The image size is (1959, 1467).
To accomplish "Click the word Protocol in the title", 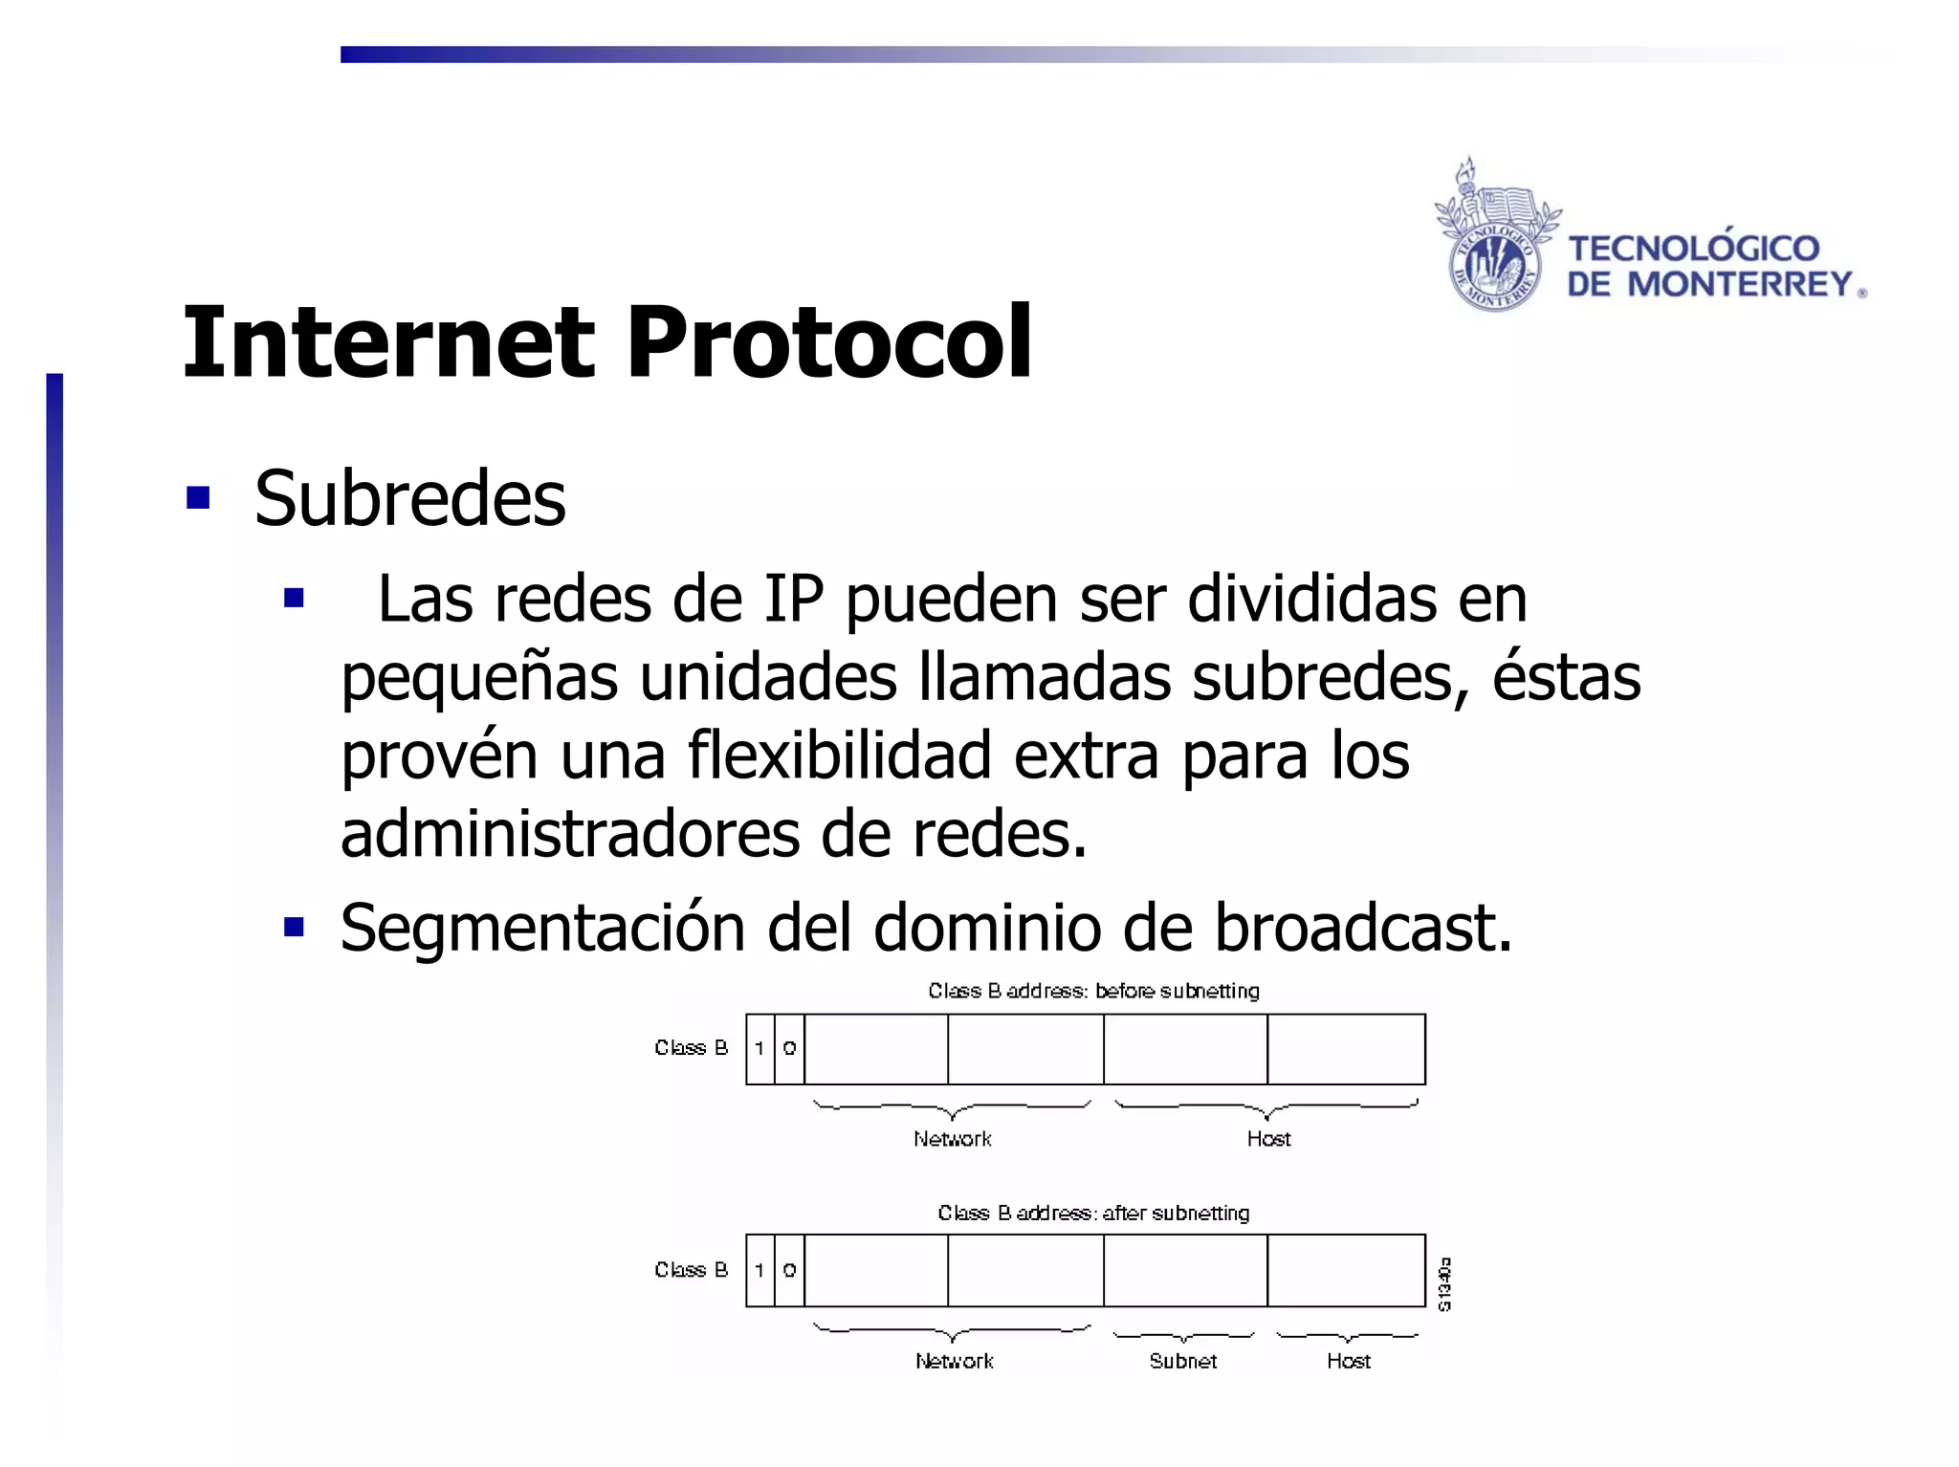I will coord(828,342).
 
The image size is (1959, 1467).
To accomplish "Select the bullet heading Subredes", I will coord(409,498).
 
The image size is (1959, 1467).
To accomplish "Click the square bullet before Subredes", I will coord(198,498).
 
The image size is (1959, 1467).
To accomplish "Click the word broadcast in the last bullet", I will coord(1362,928).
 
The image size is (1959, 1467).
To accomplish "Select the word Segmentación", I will coord(542,928).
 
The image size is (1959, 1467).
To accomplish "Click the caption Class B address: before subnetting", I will coord(1093,991).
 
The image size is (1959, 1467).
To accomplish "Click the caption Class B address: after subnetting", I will coord(1093,1213).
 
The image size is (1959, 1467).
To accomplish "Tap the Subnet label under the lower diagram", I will coord(1183,1361).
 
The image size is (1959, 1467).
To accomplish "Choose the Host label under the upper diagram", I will coord(1268,1139).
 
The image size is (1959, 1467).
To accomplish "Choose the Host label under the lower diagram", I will coord(1349,1361).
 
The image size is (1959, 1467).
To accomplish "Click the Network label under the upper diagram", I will coord(953,1139).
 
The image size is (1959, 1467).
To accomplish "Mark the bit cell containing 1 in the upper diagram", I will coord(760,1049).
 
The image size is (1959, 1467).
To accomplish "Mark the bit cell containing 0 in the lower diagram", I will coord(789,1271).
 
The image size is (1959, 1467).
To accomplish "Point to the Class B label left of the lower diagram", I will coord(691,1270).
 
